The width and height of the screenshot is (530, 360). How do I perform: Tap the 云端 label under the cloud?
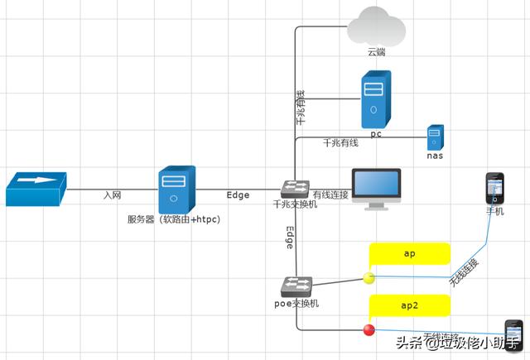377,52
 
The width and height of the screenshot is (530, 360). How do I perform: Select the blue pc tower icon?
375,98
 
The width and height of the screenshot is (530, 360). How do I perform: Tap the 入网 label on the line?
113,195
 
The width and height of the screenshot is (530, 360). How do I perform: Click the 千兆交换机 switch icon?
295,188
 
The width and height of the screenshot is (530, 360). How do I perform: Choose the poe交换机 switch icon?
296,286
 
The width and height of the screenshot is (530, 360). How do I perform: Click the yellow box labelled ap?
410,253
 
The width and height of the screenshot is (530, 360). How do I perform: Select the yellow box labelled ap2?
410,305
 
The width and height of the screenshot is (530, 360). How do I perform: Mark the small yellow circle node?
369,277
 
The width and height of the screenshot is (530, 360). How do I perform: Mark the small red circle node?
369,329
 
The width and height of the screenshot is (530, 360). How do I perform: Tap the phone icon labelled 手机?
494,188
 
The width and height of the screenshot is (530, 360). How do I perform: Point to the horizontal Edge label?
238,195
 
